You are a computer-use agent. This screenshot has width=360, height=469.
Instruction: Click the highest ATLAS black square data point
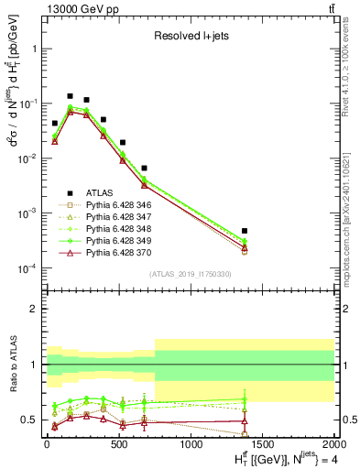(x=70, y=95)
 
